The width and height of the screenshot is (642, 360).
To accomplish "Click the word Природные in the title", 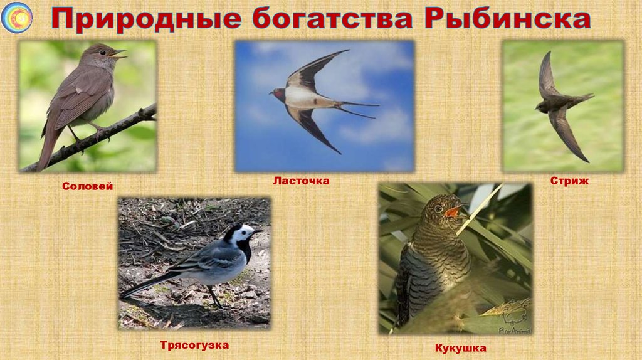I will (x=145, y=19).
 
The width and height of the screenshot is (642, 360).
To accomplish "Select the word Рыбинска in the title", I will (x=507, y=19).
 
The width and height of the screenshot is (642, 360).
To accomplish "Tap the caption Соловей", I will (x=87, y=186).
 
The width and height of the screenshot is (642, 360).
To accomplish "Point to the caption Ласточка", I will (x=301, y=181).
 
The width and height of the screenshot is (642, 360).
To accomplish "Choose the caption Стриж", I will (x=569, y=181).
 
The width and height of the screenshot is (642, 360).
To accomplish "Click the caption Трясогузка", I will (x=194, y=345).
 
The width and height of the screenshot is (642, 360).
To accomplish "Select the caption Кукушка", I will (x=461, y=348).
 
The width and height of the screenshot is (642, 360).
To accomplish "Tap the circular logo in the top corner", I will (x=17, y=18).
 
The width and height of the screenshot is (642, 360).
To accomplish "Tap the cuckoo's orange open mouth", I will (x=451, y=212).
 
